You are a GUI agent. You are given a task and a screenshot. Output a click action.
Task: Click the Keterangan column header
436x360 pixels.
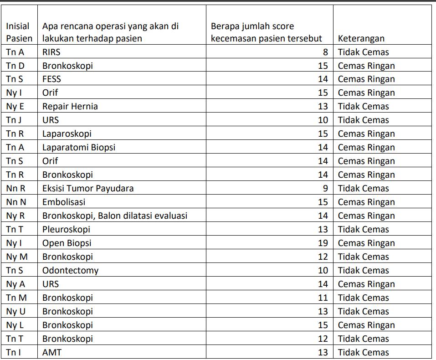point(361,39)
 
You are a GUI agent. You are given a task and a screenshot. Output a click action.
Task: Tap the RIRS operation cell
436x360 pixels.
point(51,52)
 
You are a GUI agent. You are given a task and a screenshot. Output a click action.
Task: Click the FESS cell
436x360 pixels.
point(51,79)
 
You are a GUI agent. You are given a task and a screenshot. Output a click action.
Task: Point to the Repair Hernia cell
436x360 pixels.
point(70,107)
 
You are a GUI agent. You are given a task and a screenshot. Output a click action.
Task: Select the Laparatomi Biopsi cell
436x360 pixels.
point(78,148)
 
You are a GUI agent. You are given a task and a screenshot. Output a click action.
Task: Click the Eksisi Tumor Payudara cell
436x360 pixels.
point(88,189)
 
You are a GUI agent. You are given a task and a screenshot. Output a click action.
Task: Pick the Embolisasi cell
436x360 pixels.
point(64,202)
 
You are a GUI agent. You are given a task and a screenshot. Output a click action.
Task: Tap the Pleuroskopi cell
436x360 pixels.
point(66,230)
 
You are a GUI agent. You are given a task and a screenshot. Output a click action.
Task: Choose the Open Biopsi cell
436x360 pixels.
point(67,243)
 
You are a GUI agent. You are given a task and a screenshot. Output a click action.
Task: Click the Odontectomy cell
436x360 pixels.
point(70,271)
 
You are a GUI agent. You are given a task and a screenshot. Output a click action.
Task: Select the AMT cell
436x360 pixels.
point(51,353)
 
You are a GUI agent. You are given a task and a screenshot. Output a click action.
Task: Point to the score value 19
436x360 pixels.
point(323,243)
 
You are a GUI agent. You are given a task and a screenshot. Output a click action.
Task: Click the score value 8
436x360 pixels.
point(325,52)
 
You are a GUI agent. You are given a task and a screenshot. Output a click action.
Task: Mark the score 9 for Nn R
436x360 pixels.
point(325,189)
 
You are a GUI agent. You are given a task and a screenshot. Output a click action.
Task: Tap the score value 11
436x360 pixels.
point(323,298)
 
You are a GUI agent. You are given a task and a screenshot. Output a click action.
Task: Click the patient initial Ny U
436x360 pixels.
point(15,312)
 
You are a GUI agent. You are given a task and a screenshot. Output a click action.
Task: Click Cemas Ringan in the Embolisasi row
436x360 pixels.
point(366,202)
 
